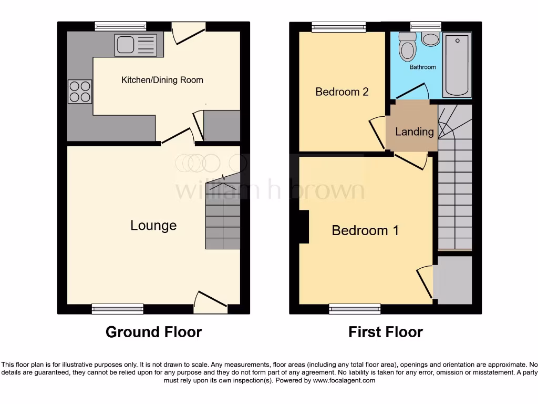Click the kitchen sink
(136, 45)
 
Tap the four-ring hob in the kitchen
(79, 91)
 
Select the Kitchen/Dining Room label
(162, 80)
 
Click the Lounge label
(153, 226)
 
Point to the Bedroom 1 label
(365, 230)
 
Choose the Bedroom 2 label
(342, 92)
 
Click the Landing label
(415, 132)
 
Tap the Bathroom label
(422, 67)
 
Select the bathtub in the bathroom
(457, 64)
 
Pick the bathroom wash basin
(431, 40)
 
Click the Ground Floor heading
(153, 332)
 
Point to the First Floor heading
(385, 332)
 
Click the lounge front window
(117, 309)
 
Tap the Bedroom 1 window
(355, 309)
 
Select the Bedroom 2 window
(338, 27)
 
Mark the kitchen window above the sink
(120, 27)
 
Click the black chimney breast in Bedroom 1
(304, 227)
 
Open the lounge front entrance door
(210, 302)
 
